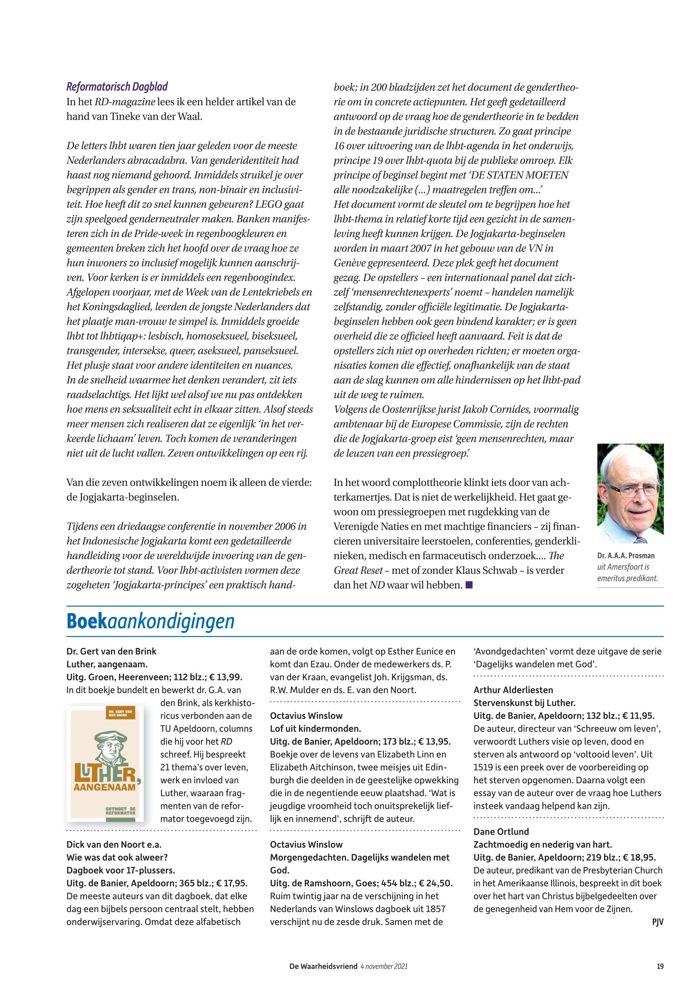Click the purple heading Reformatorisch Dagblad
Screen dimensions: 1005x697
coord(117,87)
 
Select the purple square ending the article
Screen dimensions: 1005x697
coord(469,585)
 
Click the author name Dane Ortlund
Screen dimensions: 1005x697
coord(501,832)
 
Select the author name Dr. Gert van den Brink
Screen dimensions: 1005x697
coord(111,651)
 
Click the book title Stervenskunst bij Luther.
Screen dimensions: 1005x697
coord(524,703)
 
